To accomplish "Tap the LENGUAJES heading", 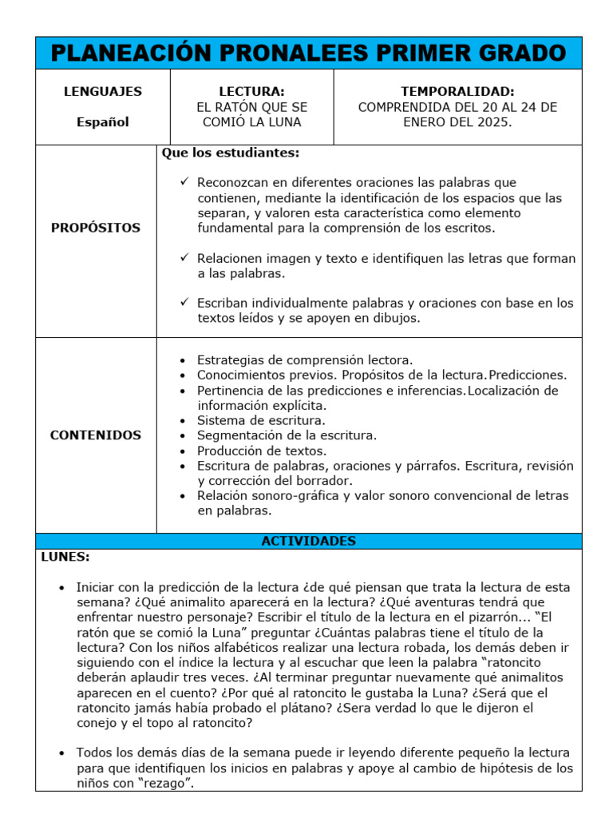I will [x=103, y=92].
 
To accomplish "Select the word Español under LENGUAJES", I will [x=103, y=122].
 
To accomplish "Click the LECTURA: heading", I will [x=251, y=92].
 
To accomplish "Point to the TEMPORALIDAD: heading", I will [x=457, y=92].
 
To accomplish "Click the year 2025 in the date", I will [x=491, y=122].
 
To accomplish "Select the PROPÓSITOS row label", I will [x=96, y=228].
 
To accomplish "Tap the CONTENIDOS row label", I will [x=96, y=435].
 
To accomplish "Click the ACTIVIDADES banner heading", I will [x=308, y=541].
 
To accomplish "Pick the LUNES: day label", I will [x=65, y=557].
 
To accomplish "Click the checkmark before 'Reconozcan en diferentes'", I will [x=184, y=182].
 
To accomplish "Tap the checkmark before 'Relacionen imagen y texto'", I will [x=184, y=258].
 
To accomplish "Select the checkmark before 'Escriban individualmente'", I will [x=184, y=303].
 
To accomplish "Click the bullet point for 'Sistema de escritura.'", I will [x=183, y=421].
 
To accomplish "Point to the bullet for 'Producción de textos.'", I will [x=183, y=451].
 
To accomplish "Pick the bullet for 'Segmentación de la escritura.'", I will [x=183, y=436].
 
